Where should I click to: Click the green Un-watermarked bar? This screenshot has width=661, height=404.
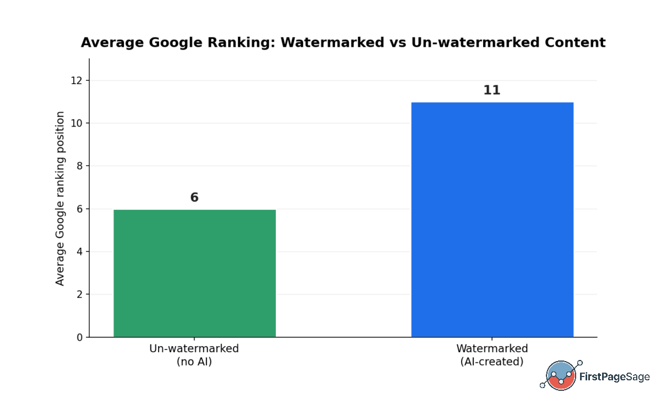click(x=195, y=274)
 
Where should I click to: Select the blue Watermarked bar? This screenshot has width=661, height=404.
click(x=492, y=220)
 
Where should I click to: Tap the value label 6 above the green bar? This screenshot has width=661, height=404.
click(x=194, y=197)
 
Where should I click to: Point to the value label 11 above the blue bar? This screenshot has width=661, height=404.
click(x=492, y=90)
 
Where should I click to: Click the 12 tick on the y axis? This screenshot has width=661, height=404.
click(x=77, y=80)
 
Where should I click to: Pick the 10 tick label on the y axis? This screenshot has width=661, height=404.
click(x=77, y=123)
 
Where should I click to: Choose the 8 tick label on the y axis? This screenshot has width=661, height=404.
click(x=80, y=166)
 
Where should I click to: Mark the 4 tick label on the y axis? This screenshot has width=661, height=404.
click(x=80, y=252)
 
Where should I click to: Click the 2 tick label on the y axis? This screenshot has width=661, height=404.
click(x=80, y=294)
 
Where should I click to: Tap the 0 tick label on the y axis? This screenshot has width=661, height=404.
click(x=80, y=337)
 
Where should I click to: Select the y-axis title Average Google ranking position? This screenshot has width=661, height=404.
click(x=60, y=199)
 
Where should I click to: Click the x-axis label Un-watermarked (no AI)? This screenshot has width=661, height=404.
click(x=194, y=355)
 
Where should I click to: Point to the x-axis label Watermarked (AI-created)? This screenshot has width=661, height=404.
click(x=492, y=355)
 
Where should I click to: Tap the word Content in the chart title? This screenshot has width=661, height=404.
click(x=575, y=42)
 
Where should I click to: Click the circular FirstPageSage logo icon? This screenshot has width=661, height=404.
click(x=561, y=375)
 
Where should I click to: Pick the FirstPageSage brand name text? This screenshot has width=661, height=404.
click(x=615, y=377)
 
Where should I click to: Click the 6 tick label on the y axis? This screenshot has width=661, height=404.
click(x=80, y=209)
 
